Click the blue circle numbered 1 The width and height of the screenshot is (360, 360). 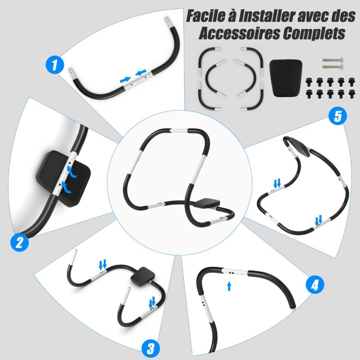pos(55,65)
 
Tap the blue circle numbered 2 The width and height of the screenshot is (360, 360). pos(19,242)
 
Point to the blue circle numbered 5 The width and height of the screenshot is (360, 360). pos(338,116)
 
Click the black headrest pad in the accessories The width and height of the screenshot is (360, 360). pos(286,78)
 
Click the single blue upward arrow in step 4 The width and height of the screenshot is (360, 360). pos(229,286)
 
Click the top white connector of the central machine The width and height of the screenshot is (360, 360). pos(179,131)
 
